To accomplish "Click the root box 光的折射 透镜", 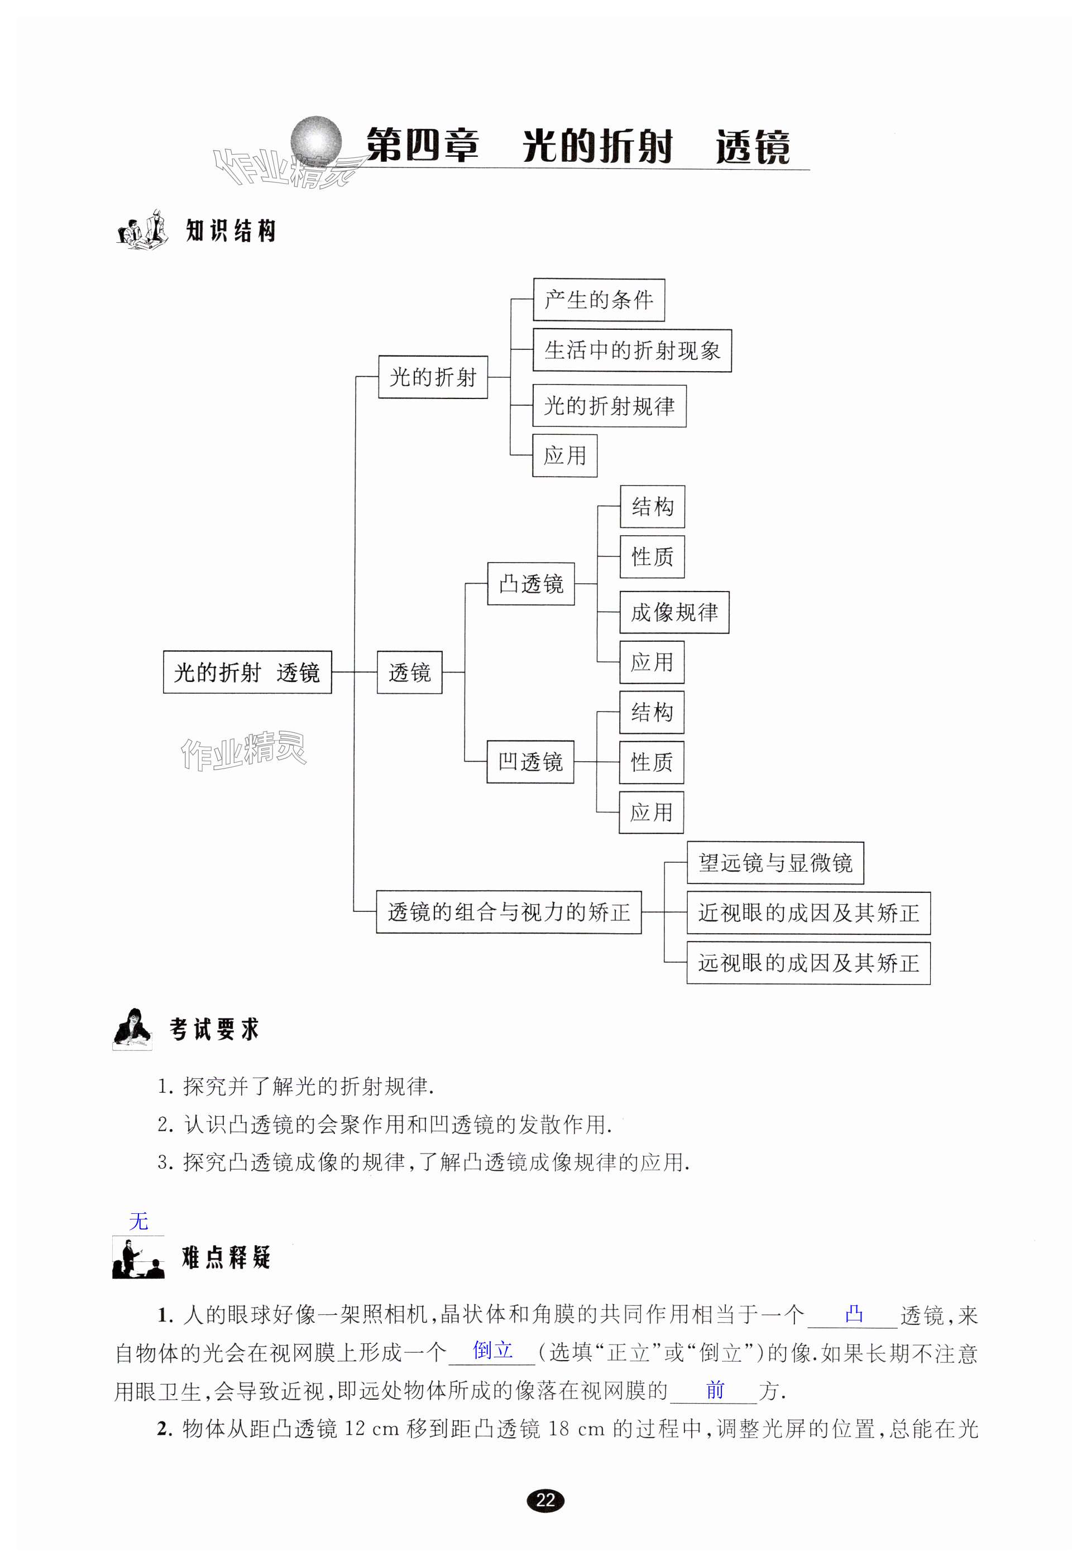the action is pyautogui.click(x=247, y=672).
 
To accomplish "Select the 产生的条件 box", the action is pyautogui.click(x=598, y=300).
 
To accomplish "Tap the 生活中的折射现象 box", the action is pyautogui.click(x=631, y=350).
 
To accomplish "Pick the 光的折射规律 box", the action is pyautogui.click(x=609, y=406).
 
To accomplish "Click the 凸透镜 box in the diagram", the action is pyautogui.click(x=530, y=584).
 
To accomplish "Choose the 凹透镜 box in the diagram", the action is pyautogui.click(x=530, y=762).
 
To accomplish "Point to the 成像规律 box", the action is pyautogui.click(x=674, y=612).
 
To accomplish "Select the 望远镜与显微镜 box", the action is pyautogui.click(x=775, y=863).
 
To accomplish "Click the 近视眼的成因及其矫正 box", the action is pyautogui.click(x=808, y=913).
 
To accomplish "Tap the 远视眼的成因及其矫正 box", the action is pyautogui.click(x=808, y=963).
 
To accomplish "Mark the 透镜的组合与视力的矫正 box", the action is pyautogui.click(x=509, y=912).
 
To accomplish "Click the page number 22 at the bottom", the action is pyautogui.click(x=545, y=1500).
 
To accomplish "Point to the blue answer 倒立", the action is pyautogui.click(x=492, y=1350).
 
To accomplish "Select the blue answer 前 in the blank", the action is pyautogui.click(x=715, y=1390).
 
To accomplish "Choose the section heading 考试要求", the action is pyautogui.click(x=214, y=1030).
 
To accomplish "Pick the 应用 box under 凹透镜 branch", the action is pyautogui.click(x=651, y=812).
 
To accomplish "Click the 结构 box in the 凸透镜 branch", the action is pyautogui.click(x=652, y=507).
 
